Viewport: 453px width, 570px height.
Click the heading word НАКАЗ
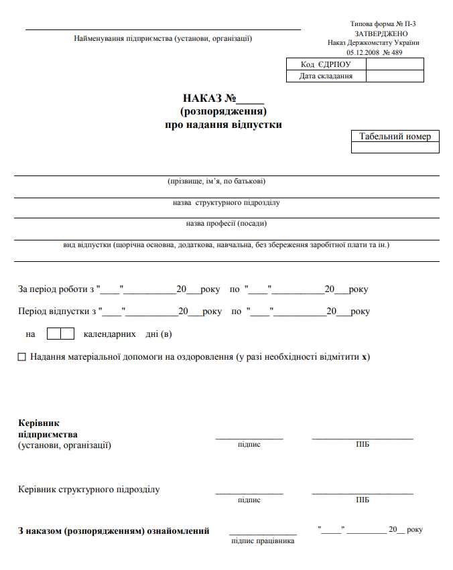tap(203, 98)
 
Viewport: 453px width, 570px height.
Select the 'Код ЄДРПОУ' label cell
tap(326, 64)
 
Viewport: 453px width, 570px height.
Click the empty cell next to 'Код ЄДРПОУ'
tap(395, 64)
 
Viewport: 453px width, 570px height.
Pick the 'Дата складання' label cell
tap(326, 76)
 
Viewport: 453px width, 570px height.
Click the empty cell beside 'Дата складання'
tap(395, 76)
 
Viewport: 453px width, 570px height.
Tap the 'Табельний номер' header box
tap(395, 137)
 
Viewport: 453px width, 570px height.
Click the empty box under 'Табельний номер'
tap(395, 148)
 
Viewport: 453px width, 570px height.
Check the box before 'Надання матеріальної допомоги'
tap(22, 357)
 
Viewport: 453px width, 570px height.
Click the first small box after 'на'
tap(54, 334)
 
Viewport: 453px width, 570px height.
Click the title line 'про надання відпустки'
tap(224, 125)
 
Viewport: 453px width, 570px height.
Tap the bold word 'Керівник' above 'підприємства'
tap(39, 423)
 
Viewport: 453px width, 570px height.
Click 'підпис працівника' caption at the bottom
tap(263, 541)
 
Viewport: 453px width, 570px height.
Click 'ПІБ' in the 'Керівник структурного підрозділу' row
tap(363, 500)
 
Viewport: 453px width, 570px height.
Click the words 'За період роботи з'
tap(56, 290)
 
